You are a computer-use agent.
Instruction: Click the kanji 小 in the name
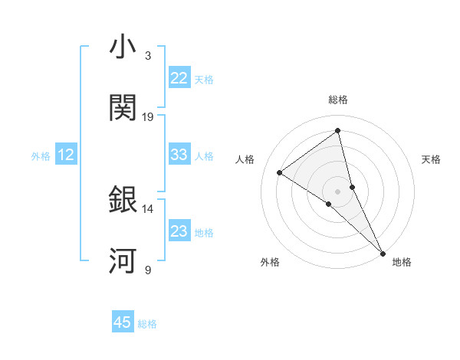123,47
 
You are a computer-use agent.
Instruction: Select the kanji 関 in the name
123,108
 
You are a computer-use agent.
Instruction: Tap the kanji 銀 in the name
123,200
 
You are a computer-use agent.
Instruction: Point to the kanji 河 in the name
123,261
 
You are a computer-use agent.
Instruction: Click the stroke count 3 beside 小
147,55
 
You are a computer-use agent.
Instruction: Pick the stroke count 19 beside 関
148,116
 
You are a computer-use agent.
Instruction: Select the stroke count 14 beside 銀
148,208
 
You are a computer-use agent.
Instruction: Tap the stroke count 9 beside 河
147,270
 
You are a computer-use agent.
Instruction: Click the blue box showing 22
179,78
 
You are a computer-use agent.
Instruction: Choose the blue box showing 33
179,155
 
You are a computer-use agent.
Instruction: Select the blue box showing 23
179,231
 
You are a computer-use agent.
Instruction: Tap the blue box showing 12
66,155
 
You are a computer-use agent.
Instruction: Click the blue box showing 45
123,322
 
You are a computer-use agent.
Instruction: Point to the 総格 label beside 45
147,324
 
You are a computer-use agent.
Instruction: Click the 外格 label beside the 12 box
41,156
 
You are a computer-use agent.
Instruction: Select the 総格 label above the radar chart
338,100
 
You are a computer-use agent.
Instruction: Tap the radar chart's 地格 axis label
402,263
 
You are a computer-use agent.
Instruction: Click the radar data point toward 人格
280,172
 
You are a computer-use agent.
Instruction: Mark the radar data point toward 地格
383,252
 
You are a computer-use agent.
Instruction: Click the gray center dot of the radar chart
338,191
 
